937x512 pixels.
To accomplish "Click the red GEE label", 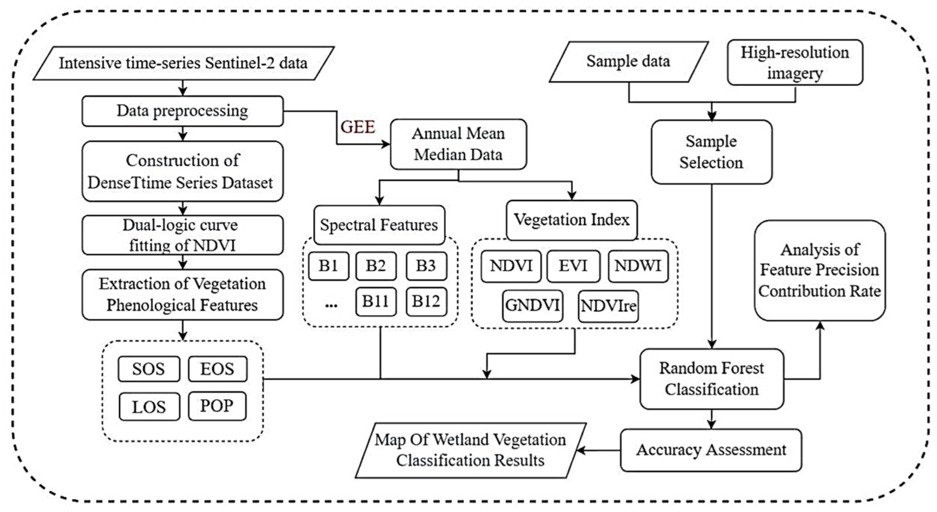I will [357, 127].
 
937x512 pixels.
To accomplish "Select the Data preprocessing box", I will [182, 111].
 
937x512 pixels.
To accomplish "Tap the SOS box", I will [148, 369].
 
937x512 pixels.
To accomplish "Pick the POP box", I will [217, 406].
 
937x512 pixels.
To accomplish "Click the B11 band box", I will [375, 301].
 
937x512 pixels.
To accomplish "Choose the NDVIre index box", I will [608, 306].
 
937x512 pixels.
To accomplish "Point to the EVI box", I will [573, 266].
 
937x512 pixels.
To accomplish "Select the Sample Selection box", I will [711, 152].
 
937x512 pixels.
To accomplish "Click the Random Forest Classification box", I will [711, 379].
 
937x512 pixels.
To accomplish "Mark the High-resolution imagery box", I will [795, 63].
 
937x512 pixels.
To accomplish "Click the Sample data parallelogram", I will [628, 61].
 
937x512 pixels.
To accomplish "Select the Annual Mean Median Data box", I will [458, 144].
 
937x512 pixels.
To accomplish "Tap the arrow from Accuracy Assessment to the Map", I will [598, 451].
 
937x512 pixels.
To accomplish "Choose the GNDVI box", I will [532, 306].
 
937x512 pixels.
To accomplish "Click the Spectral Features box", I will [379, 225].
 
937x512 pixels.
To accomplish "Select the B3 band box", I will [426, 266].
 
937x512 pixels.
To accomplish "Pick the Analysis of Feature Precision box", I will [820, 270].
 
